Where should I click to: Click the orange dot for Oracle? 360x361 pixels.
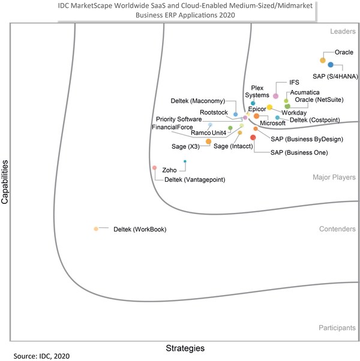click(322, 60)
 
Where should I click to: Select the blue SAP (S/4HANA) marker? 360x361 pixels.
click(331, 65)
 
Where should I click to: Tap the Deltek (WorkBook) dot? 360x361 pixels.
click(96, 229)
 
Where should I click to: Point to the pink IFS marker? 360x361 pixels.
click(275, 96)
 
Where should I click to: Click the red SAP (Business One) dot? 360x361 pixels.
click(253, 138)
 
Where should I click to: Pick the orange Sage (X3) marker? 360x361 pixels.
click(208, 142)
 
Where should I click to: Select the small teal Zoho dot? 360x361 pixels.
click(185, 161)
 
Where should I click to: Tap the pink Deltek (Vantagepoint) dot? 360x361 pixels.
click(155, 167)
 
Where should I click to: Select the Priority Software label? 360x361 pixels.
click(179, 119)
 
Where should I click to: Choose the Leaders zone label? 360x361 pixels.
click(341, 31)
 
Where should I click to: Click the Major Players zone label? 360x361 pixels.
click(334, 178)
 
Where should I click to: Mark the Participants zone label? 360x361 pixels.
click(336, 328)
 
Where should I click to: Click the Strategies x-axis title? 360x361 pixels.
click(185, 348)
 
